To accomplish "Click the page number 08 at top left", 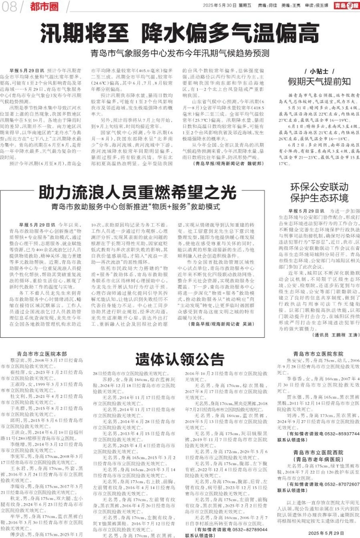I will [x=9, y=7].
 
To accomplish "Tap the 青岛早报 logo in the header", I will [x=346, y=6].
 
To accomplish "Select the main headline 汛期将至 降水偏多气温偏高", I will [x=180, y=34].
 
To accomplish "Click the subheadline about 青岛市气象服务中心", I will [x=180, y=53].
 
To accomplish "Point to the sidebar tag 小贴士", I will [x=319, y=71].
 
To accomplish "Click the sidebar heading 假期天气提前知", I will [x=319, y=82].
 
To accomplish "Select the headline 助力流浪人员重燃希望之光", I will [x=137, y=192].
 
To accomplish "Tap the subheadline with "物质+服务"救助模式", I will [x=136, y=207].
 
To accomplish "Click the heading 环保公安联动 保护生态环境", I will [x=319, y=192].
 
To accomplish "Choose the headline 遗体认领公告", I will [x=180, y=359].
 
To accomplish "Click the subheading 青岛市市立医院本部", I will [x=42, y=354].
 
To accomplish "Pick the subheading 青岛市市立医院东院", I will [x=318, y=354].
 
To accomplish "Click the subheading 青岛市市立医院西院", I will [x=318, y=453].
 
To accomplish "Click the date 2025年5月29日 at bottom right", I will [x=326, y=533].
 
